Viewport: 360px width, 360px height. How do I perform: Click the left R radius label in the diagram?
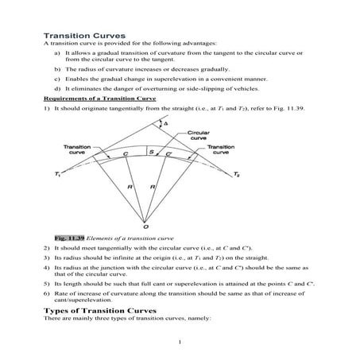pos(128,188)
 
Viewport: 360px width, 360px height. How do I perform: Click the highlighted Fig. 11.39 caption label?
pos(68,238)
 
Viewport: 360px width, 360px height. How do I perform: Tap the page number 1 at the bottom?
pos(181,343)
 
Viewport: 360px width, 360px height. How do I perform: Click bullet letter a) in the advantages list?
pos(58,52)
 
